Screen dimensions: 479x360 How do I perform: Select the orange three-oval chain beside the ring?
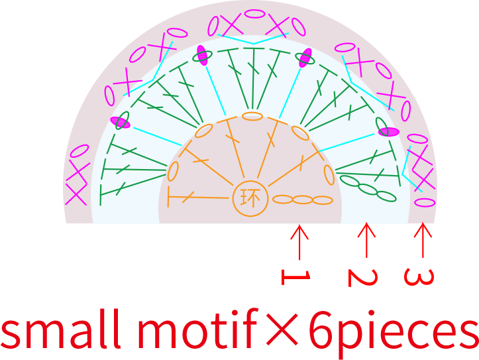[302, 200]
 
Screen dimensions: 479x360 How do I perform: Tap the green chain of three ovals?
[368, 188]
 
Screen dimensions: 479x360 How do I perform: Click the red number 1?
[295, 277]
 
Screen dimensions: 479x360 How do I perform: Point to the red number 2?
[362, 278]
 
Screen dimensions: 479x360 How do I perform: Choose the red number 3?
[419, 277]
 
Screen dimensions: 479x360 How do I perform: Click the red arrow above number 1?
[299, 242]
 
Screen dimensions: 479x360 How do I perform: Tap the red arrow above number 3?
[423, 240]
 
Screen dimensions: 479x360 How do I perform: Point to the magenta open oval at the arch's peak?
[254, 14]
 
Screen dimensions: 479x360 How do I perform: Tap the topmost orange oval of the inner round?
[252, 116]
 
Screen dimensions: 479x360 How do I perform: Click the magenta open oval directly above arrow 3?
[425, 202]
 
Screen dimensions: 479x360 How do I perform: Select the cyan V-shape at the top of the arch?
[253, 39]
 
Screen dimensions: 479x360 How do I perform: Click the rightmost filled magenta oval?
[389, 132]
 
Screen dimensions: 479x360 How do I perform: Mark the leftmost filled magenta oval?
[121, 122]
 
